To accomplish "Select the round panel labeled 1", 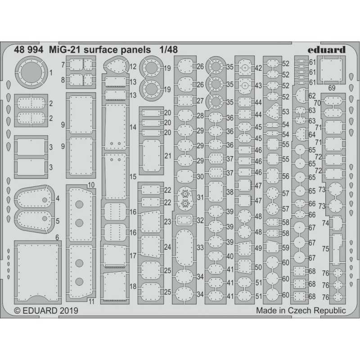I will pyautogui.click(x=31, y=72).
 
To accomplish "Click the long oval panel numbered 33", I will pyautogui.click(x=185, y=248).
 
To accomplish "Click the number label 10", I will pyautogui.click(x=91, y=185).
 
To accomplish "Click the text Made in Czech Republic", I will pyautogui.click(x=301, y=310).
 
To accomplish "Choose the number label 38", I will pyautogui.click(x=229, y=192).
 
